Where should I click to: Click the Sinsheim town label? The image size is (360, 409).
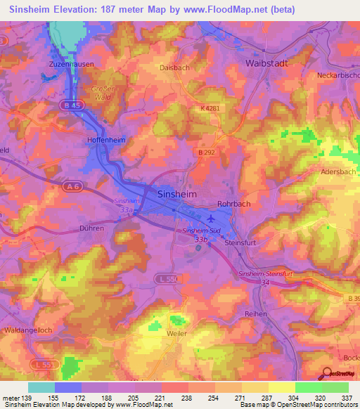[x=176, y=193]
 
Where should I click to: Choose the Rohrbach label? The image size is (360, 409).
[x=233, y=204]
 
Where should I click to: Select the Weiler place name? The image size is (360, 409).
[x=177, y=333]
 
